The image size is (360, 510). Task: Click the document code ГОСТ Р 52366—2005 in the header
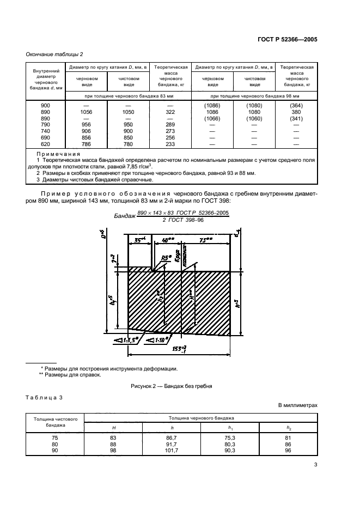coord(288,39)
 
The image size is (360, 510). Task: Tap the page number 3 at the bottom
coord(315,465)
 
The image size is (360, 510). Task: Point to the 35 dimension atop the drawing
coord(139,240)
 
